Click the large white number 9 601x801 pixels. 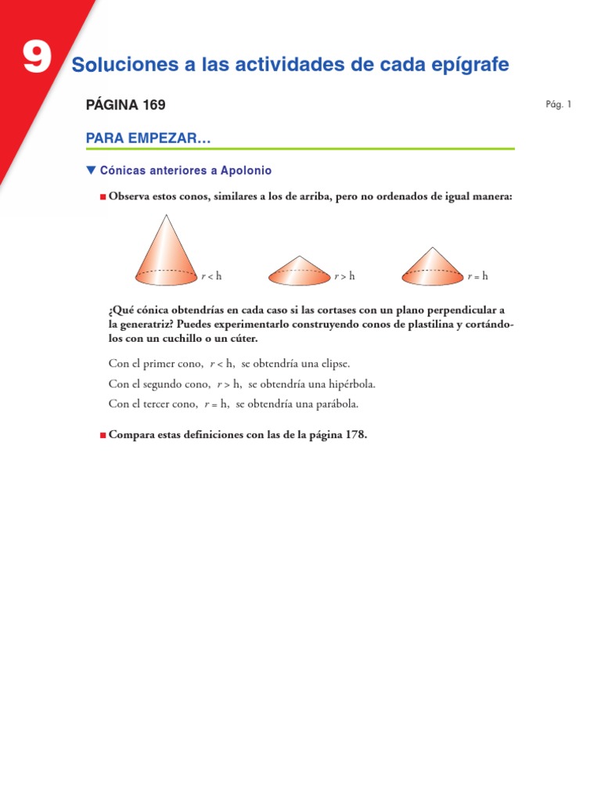click(x=36, y=59)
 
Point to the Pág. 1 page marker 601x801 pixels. click(x=559, y=104)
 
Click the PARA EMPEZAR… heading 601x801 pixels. click(x=149, y=139)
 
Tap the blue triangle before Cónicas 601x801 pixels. click(x=91, y=170)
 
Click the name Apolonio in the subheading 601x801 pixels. click(x=246, y=170)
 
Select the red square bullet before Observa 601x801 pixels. click(x=103, y=197)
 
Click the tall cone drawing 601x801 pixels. click(x=166, y=252)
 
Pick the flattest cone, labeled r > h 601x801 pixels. click(x=300, y=270)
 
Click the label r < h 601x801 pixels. click(x=211, y=276)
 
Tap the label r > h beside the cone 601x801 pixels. click(x=344, y=276)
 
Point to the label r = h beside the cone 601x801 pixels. click(x=477, y=276)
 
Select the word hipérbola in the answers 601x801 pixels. click(x=348, y=384)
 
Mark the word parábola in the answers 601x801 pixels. click(x=337, y=404)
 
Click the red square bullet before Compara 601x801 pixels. click(x=103, y=435)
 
